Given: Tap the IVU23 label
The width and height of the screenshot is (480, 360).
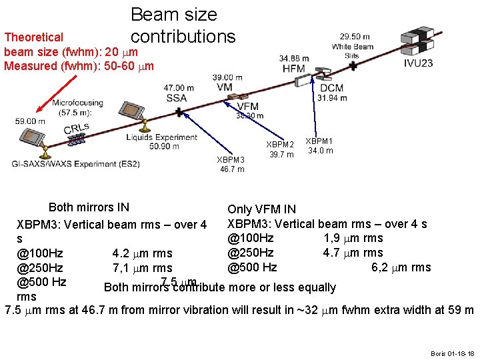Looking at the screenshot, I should (418, 63).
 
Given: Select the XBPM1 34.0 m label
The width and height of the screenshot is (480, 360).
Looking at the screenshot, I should (319, 145).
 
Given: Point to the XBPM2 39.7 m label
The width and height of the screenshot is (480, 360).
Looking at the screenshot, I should (280, 149).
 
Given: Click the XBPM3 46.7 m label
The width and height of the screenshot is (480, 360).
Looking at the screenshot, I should (231, 164).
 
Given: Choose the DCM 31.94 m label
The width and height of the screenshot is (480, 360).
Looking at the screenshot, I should (332, 93).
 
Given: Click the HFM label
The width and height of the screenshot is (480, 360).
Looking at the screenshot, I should (293, 68).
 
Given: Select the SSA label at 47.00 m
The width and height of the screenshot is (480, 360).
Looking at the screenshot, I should (177, 97).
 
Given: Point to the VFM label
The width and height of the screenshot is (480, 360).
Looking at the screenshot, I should (247, 107).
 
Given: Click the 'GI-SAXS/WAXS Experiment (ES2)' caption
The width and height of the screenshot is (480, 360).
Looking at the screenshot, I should (76, 164).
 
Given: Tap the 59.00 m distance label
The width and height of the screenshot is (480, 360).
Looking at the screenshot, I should (30, 121).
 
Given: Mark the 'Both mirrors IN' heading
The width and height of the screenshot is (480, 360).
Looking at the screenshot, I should (89, 207).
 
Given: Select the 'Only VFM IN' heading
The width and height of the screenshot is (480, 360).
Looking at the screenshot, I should (261, 209).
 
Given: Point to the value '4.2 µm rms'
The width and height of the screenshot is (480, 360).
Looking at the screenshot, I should (142, 253).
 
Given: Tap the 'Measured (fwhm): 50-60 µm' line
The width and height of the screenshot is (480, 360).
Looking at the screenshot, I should (79, 65).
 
